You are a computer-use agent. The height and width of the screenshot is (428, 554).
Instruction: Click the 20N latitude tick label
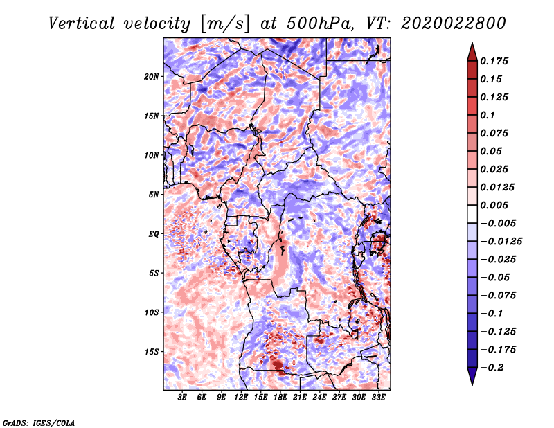(x=152, y=76)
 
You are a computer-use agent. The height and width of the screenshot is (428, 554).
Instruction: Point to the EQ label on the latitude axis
(x=154, y=233)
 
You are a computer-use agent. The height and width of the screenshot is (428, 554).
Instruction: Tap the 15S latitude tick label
(x=152, y=352)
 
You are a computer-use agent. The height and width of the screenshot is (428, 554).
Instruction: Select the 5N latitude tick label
(x=154, y=195)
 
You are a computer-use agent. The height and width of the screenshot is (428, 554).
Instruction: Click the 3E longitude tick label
(x=182, y=398)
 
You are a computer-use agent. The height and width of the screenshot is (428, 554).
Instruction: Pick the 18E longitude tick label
(x=280, y=398)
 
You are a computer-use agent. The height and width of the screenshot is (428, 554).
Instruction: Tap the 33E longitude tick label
(x=378, y=398)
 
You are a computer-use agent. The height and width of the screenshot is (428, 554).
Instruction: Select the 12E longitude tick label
(x=241, y=398)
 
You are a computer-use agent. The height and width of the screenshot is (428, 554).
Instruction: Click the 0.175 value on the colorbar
(x=494, y=61)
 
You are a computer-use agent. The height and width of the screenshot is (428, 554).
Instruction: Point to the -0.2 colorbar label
(x=492, y=368)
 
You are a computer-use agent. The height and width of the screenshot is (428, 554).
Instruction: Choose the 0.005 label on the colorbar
(x=494, y=205)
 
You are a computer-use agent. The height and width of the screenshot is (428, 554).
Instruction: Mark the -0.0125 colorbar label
(x=501, y=242)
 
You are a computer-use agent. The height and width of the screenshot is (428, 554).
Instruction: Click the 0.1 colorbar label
(x=488, y=115)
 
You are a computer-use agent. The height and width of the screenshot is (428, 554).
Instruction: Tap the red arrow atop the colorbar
(x=472, y=52)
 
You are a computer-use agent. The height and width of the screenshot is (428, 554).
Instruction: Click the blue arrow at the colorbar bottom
(x=472, y=376)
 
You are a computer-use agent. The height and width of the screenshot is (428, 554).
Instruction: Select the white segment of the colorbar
(x=472, y=214)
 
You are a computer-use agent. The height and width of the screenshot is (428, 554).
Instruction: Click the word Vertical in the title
(x=82, y=24)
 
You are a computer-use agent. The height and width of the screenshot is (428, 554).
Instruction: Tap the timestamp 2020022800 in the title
(x=454, y=24)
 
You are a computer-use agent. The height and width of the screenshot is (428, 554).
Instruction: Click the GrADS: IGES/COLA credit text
(x=39, y=422)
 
